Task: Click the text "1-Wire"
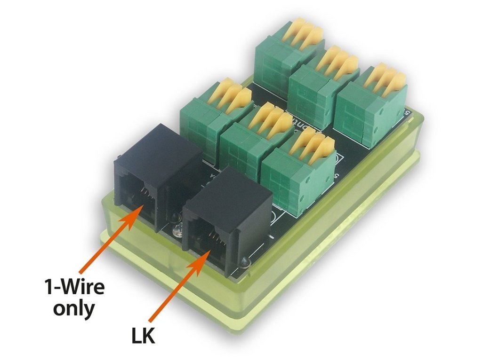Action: pyautogui.click(x=74, y=287)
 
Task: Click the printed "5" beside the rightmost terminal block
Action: pyautogui.click(x=407, y=112)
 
